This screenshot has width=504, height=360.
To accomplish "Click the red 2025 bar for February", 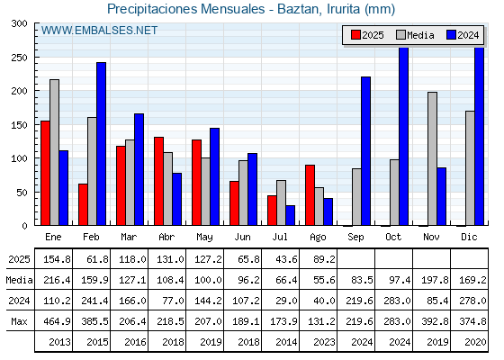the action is [83, 204].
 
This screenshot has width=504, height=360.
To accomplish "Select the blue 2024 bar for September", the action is [365, 151].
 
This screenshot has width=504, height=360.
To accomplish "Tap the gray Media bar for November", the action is [432, 158].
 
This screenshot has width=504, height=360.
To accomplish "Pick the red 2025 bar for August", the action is [310, 195].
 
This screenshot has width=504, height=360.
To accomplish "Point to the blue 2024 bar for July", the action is [290, 215].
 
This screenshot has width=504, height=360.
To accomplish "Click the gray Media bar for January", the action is [54, 152].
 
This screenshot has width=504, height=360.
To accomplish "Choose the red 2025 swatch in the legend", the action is [355, 35].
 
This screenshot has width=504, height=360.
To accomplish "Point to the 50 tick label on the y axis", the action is [22, 193].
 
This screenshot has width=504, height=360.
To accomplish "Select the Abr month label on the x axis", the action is [166, 237].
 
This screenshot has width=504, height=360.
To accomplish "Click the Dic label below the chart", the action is [469, 237].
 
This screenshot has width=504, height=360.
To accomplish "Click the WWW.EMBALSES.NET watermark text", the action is [99, 31].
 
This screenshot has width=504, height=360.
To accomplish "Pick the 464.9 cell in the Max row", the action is [58, 321].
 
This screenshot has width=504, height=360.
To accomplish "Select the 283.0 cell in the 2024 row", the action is [397, 301].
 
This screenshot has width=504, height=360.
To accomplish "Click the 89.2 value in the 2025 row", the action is [324, 259].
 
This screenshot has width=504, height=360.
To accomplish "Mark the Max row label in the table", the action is [19, 321].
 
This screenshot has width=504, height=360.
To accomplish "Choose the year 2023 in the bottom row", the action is [324, 342].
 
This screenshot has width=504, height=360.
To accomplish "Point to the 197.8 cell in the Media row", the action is [435, 280].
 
